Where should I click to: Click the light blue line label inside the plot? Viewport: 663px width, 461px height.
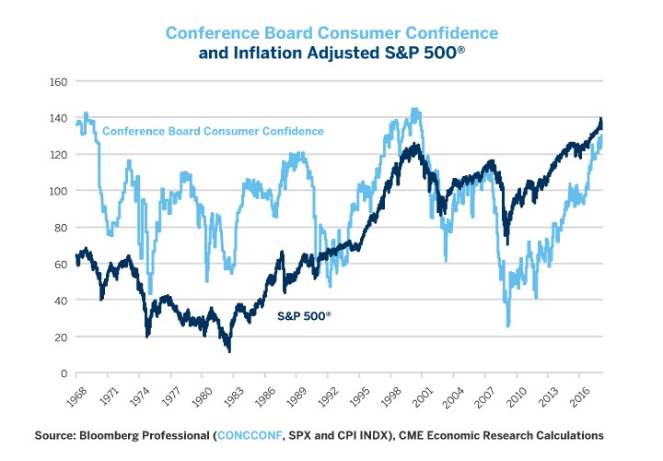point(213,131)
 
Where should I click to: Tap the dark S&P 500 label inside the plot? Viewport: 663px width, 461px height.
point(304,315)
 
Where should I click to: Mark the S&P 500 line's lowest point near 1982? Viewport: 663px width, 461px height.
point(228,351)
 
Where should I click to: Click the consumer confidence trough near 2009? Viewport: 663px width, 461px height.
point(507,325)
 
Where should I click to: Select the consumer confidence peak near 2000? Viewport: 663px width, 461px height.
point(414,110)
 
